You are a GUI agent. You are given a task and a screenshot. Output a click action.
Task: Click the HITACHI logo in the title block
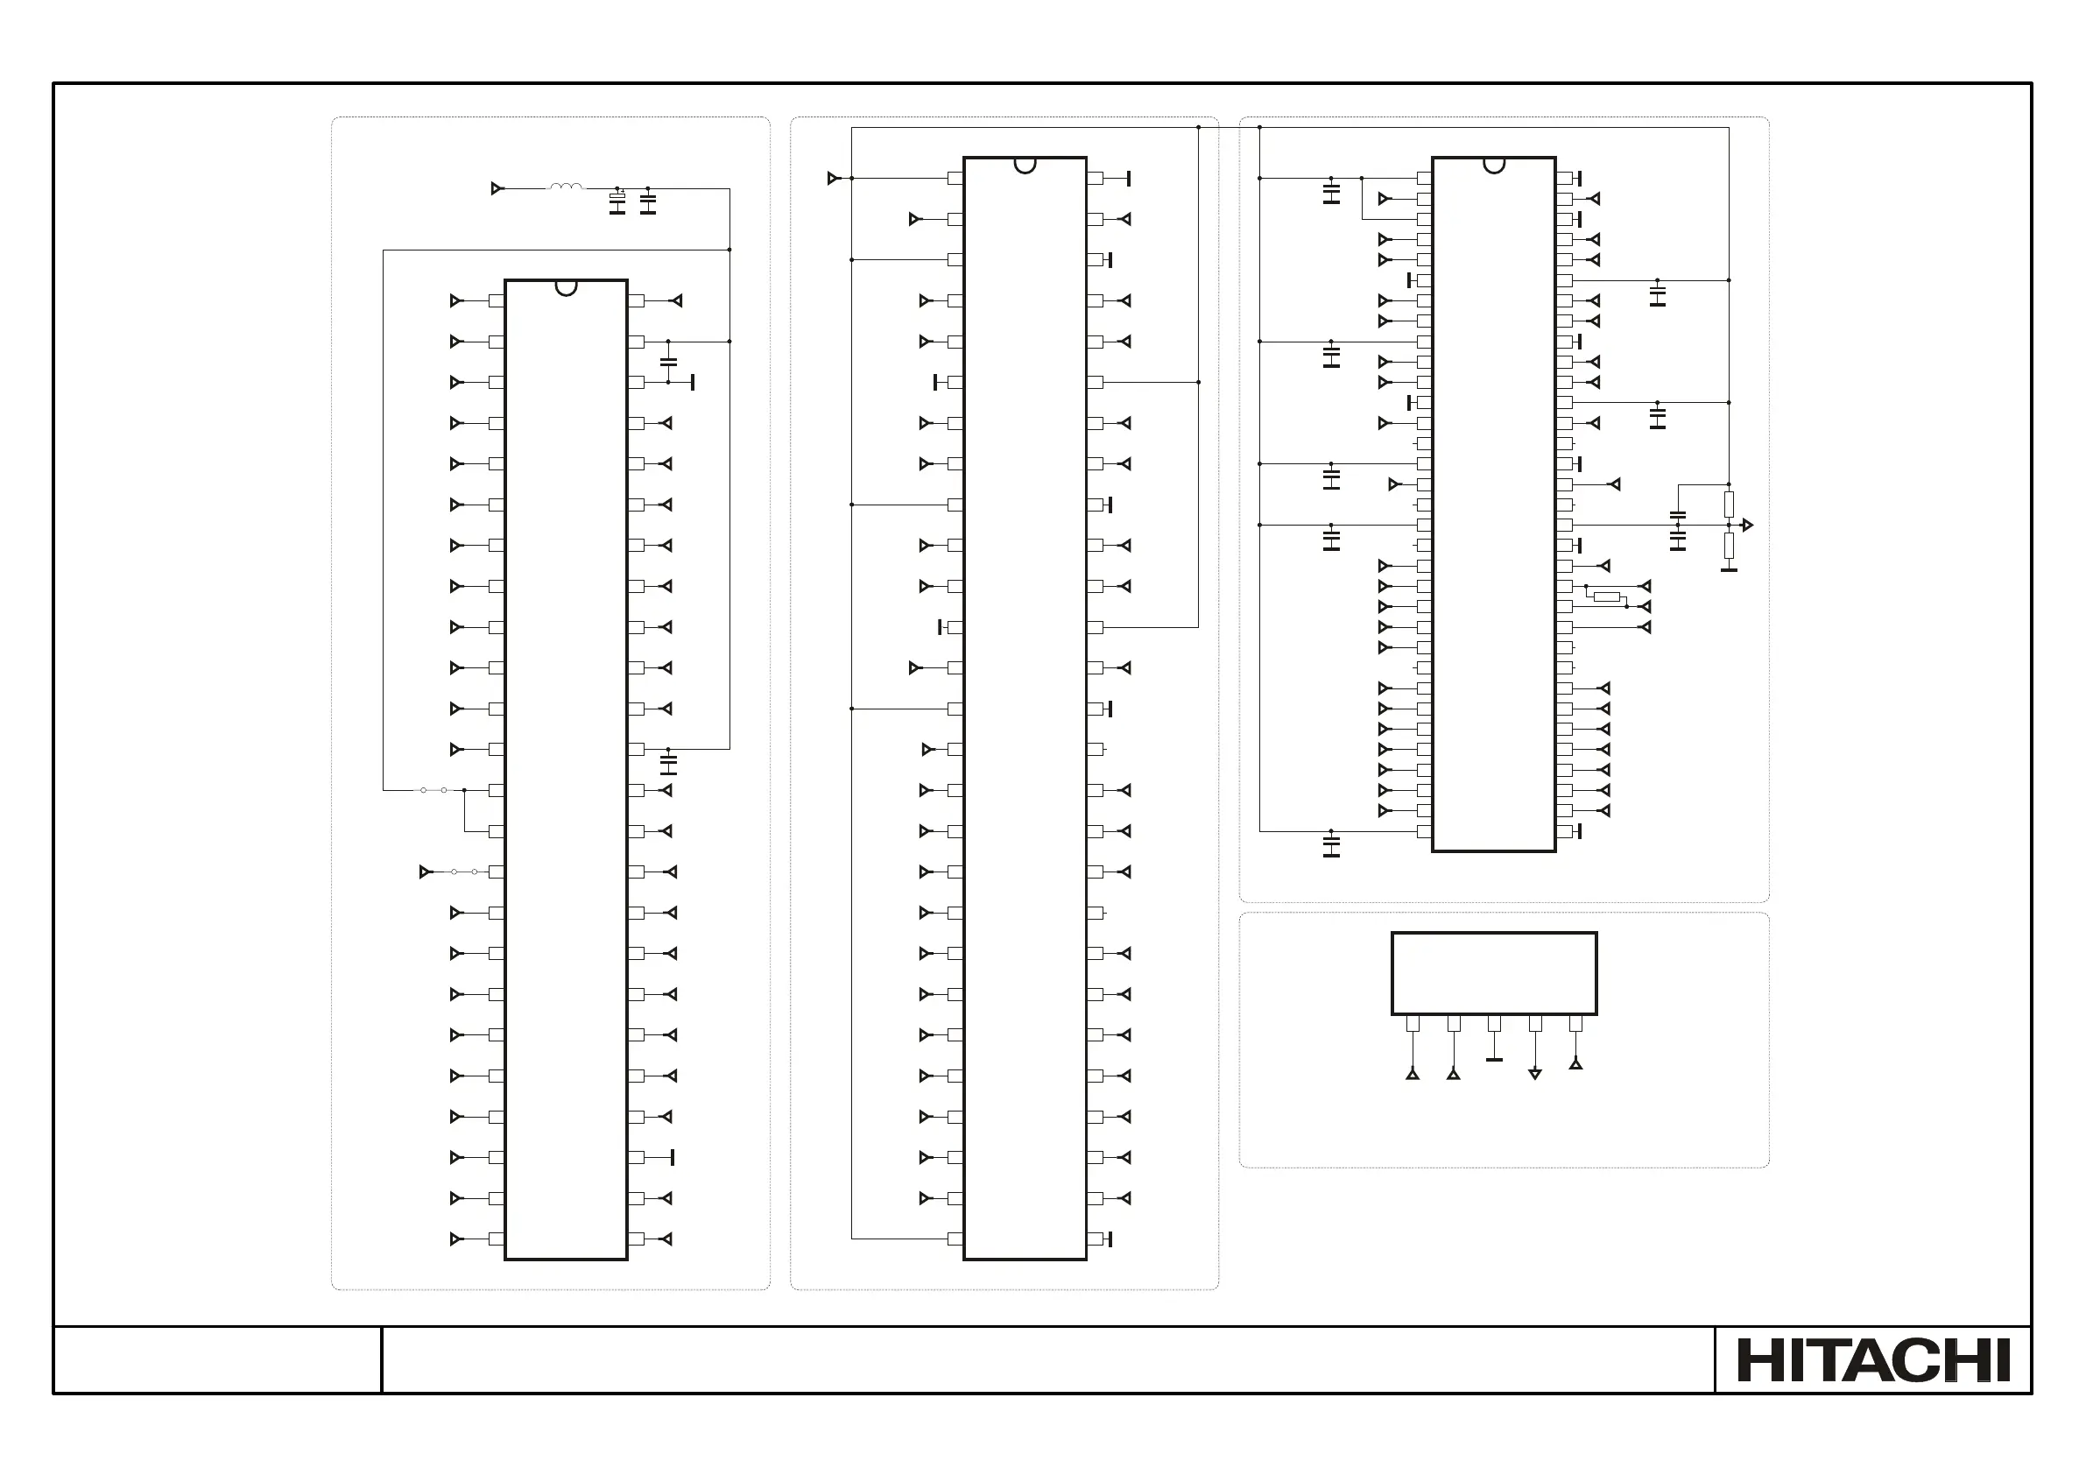1872,1360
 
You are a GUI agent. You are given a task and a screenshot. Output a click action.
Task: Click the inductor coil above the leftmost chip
566,187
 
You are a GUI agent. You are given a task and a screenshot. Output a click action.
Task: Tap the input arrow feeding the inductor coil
497,189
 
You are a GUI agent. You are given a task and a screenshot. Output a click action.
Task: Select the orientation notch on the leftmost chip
566,288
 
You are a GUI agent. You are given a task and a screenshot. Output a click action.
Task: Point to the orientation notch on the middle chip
1025,166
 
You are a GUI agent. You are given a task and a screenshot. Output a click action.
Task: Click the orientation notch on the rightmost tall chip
1494,166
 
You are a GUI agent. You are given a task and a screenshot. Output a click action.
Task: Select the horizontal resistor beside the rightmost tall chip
1607,597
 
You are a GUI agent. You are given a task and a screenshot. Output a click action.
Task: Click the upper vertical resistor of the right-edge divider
1729,505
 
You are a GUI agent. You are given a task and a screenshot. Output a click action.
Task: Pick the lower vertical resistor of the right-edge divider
1729,546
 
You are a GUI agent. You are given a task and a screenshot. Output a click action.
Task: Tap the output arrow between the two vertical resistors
1746,526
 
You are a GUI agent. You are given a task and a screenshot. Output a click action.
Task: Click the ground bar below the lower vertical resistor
1729,570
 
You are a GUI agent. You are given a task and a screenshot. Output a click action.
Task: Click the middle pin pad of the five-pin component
1494,1024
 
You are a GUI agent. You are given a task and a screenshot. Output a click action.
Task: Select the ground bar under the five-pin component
1494,1059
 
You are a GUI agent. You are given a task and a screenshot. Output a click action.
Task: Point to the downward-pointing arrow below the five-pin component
1534,1074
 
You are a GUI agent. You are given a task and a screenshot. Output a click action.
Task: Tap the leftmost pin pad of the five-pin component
1413,1024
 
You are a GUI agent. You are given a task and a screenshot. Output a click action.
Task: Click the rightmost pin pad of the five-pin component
1575,1024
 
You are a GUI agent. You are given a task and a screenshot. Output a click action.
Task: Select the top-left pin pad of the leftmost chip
496,300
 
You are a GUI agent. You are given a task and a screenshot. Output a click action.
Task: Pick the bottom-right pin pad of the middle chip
1095,1239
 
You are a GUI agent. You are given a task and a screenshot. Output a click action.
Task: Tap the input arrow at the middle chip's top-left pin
833,178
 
